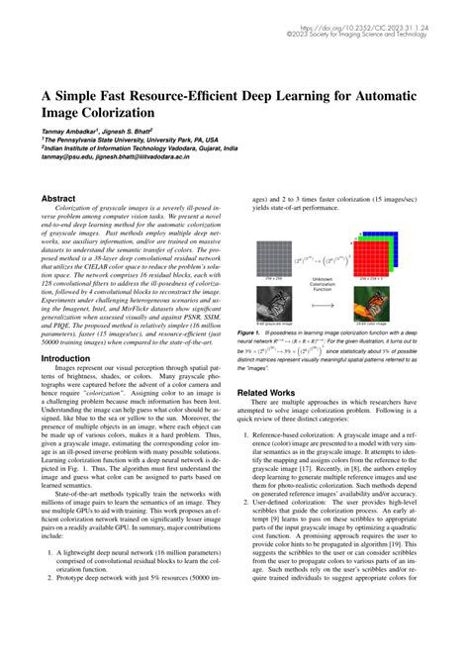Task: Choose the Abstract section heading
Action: pos(57,198)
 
